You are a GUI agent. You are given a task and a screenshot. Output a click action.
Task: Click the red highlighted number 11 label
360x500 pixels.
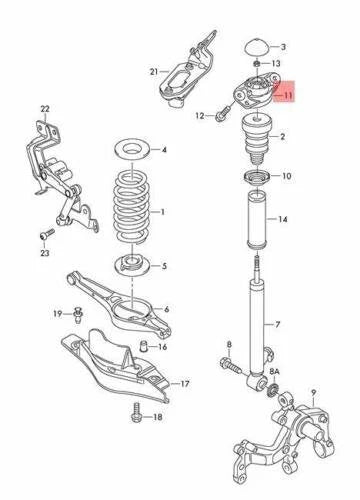287,96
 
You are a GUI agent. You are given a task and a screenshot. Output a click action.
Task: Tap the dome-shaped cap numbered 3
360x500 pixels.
255,46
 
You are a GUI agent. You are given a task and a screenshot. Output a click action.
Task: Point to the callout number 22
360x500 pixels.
44,108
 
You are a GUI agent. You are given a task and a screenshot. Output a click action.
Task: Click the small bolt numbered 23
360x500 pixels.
42,233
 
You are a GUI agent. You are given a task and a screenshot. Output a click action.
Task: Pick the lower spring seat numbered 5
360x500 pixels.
131,266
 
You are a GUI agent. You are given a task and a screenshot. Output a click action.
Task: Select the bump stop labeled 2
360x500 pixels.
255,142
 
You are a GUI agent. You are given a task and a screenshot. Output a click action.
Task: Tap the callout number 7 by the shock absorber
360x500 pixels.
279,324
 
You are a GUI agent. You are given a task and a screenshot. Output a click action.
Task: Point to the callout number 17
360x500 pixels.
185,383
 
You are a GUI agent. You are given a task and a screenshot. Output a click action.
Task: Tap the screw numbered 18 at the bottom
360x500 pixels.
130,416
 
